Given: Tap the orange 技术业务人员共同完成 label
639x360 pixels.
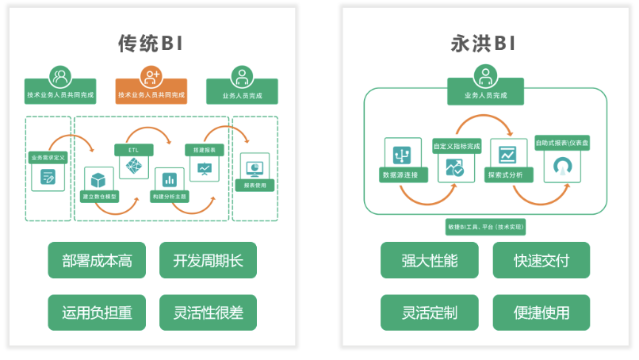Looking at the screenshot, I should click(x=151, y=95).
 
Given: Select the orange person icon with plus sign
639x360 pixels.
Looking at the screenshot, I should click(x=151, y=76).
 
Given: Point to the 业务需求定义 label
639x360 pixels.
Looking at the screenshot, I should click(x=49, y=157).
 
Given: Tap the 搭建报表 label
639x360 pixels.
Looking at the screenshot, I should click(x=205, y=149).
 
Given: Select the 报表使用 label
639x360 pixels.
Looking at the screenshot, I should click(x=254, y=186).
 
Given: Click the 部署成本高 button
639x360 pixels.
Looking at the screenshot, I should click(x=97, y=260).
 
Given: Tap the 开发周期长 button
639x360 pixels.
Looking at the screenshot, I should click(x=208, y=260).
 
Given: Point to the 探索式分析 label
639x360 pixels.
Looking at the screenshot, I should click(x=509, y=174).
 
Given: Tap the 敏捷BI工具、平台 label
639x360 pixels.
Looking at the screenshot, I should click(x=486, y=228).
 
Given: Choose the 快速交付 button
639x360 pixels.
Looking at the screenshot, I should click(x=541, y=260).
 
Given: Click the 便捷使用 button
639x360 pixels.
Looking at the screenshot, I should click(x=541, y=312).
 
